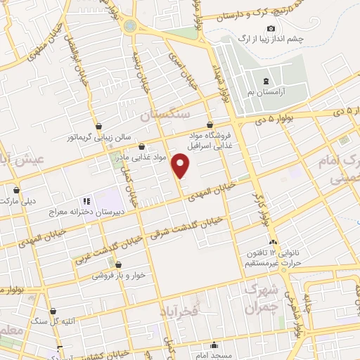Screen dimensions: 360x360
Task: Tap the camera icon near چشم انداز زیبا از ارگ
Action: click(271, 28)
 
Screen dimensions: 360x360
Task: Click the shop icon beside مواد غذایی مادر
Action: click(142, 148)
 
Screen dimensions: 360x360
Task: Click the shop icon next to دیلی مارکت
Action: click(16, 190)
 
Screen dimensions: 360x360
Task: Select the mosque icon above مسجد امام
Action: click(215, 345)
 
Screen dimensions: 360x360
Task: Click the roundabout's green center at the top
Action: click(130, 25)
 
